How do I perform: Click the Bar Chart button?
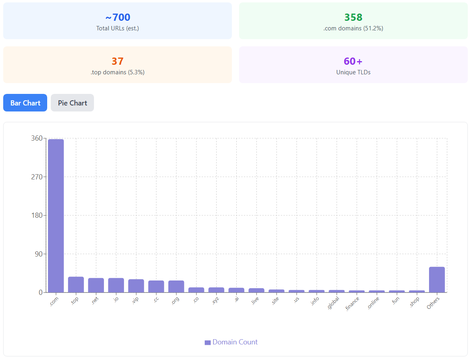pos(25,103)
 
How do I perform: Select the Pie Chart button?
pos(72,103)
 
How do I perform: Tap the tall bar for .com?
pos(56,216)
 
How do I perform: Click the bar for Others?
pos(437,280)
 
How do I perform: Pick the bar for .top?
pos(76,284)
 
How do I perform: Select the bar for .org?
pos(176,286)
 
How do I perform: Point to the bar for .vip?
pos(136,286)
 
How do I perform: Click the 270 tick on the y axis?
pos(36,177)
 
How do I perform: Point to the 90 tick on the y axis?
pos(38,254)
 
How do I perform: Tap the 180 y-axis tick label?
pos(36,215)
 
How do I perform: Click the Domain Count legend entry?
pos(231,342)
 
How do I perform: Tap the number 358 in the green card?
pos(353,17)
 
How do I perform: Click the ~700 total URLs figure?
pos(118,17)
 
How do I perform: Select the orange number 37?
pos(118,61)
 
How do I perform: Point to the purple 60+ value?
pos(353,61)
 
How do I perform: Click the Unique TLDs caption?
pos(353,72)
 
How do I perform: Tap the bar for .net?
pos(96,285)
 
